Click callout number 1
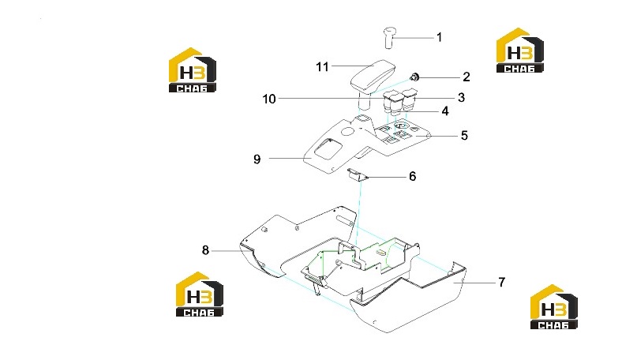(439, 37)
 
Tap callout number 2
(466, 77)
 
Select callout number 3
(461, 98)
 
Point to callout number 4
(445, 111)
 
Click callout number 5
(464, 136)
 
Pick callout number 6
(413, 176)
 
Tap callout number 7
(502, 282)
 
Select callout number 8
(205, 250)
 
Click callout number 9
(257, 159)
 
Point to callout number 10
(269, 99)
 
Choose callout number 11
(323, 66)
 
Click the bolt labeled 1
(389, 38)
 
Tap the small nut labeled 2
(415, 77)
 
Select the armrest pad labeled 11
(373, 77)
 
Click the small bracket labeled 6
(358, 174)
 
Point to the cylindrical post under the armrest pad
(365, 100)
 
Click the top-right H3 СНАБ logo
(519, 51)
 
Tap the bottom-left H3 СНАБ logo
(200, 294)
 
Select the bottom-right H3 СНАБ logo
(554, 307)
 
